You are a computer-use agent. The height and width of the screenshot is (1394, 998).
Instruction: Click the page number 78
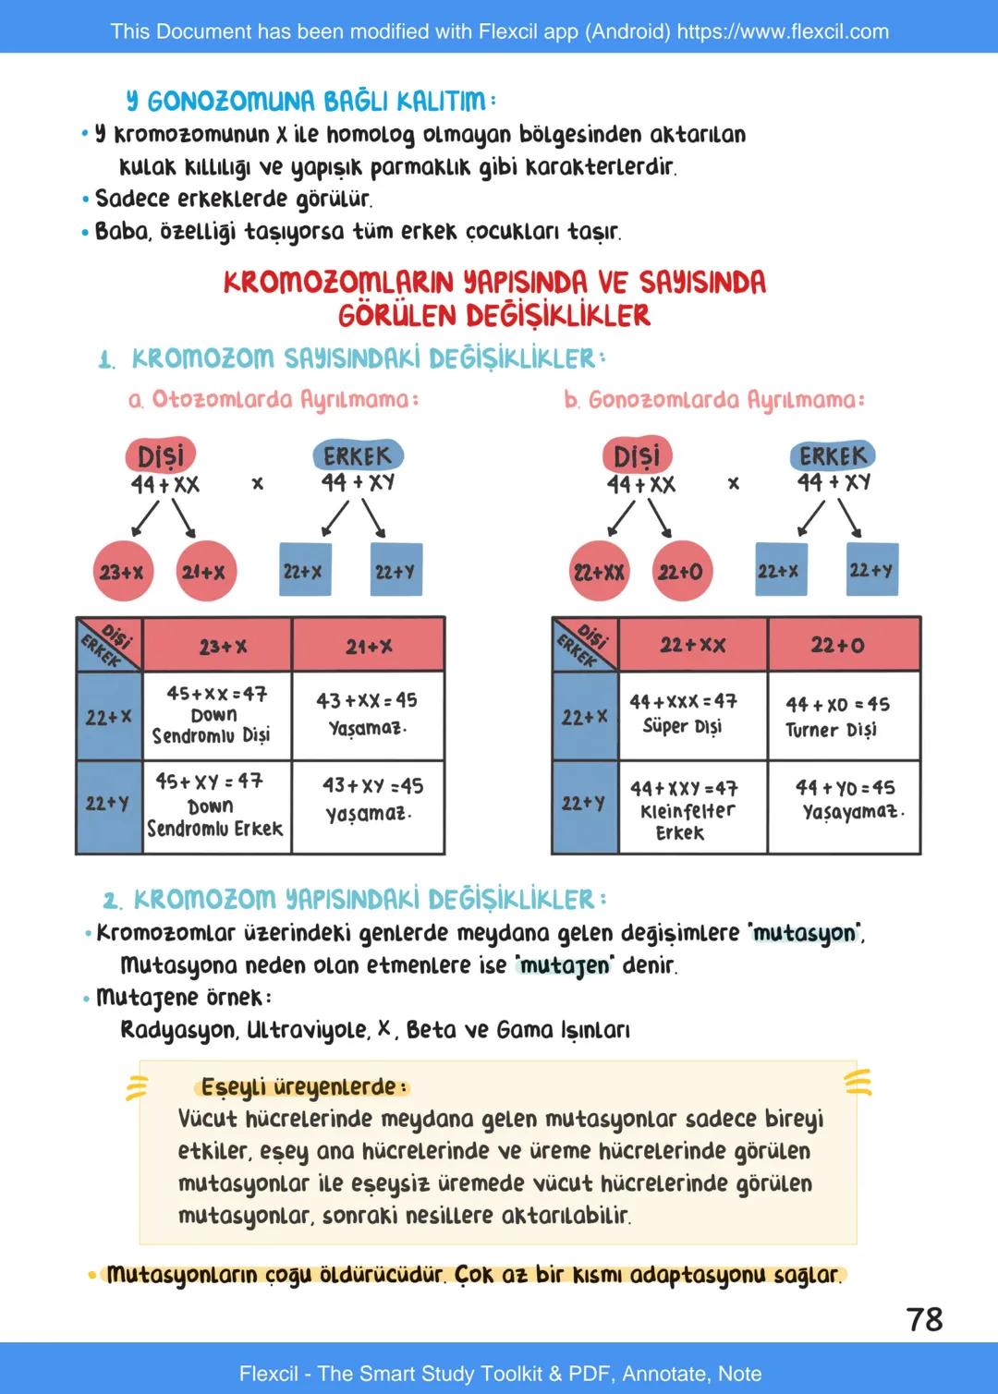(924, 1318)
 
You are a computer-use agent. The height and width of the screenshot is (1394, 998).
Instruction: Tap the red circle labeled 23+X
(122, 572)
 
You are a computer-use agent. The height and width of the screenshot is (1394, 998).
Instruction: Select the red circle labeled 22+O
(680, 572)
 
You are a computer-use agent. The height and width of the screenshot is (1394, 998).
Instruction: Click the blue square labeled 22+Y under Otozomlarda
(396, 570)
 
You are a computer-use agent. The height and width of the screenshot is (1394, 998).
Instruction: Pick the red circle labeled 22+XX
(599, 572)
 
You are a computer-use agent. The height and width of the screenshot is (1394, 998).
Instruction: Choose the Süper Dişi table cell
(692, 715)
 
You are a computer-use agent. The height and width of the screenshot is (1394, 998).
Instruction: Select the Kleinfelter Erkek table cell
(692, 808)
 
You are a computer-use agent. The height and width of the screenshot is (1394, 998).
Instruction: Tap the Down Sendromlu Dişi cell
(217, 715)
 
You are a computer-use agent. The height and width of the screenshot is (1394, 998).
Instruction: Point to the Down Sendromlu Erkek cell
(217, 806)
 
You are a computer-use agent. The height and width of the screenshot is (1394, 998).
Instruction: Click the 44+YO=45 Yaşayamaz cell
(844, 806)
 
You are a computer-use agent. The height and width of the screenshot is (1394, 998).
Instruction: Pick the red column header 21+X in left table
(369, 646)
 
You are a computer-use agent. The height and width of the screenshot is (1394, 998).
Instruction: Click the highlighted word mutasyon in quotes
(805, 933)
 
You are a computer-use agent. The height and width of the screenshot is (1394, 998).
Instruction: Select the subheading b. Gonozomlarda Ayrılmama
(714, 400)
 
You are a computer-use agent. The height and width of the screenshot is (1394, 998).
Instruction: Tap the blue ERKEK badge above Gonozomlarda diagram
(833, 455)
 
